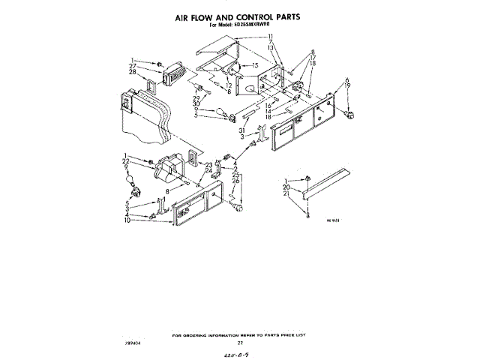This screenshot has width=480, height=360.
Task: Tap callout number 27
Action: coord(133,67)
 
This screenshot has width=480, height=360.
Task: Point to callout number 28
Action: coord(133,73)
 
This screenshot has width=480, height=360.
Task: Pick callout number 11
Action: coord(271,36)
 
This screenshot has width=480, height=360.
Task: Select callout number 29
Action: coord(196,98)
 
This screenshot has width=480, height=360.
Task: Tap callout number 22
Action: coord(127,163)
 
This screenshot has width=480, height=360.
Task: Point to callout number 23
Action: coord(208,164)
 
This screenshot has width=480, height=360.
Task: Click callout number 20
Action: coord(286,187)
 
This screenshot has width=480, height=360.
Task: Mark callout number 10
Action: coord(127,222)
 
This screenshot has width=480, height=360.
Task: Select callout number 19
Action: coord(347,86)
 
